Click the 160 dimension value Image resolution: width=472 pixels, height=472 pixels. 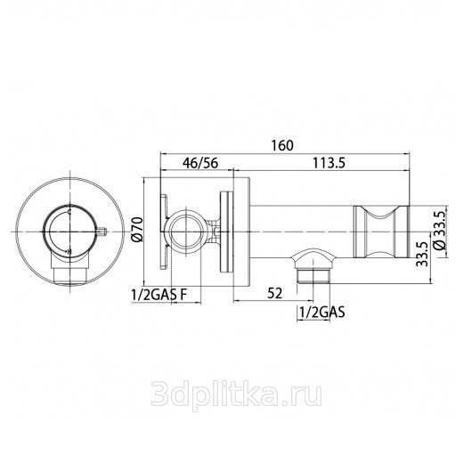pos(282,145)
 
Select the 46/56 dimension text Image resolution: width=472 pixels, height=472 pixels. pos(199,163)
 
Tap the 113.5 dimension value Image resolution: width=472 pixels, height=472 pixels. pos(329,163)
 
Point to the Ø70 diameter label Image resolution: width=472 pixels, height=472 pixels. pos(137,229)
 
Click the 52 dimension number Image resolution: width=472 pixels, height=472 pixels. pos(275,293)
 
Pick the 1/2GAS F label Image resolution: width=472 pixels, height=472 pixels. pos(159,295)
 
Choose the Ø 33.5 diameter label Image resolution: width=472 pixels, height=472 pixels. pos(439,230)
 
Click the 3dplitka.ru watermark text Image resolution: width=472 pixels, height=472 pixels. pos(236,394)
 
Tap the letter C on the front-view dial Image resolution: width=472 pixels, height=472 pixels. pos(69,213)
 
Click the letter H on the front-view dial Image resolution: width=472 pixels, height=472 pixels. pos(69,251)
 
